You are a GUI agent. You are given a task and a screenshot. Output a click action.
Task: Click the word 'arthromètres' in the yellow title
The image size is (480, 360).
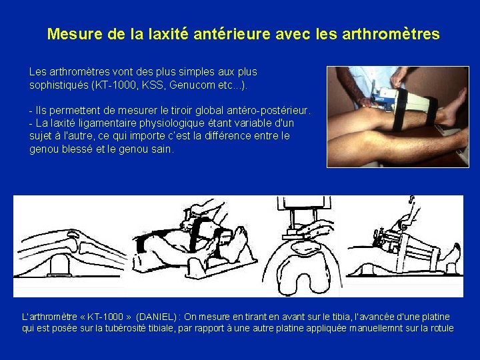coord(391,34)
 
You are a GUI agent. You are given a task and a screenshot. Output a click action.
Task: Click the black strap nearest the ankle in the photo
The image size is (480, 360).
coord(431,111)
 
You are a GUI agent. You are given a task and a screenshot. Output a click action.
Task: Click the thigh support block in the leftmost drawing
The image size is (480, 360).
coord(59,265)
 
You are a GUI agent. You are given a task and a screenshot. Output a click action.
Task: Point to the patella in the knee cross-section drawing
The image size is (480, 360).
coord(304,247)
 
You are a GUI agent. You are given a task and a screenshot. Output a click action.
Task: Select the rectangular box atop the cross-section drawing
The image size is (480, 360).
coord(304,203)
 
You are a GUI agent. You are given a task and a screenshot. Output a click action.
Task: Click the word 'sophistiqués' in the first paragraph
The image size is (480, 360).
coord(59,85)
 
